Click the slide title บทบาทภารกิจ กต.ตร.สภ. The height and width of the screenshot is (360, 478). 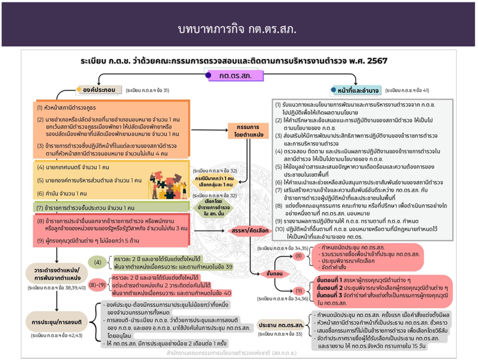point(238,29)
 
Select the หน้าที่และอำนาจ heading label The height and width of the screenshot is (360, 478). point(358,90)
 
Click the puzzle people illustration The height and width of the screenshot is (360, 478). point(166,184)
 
